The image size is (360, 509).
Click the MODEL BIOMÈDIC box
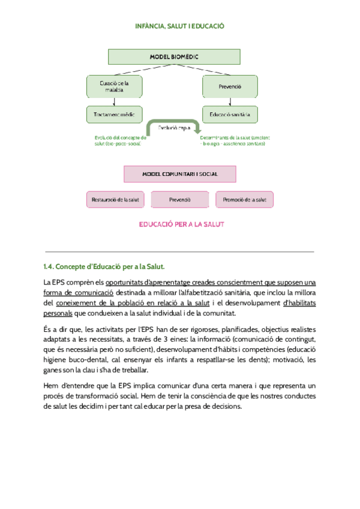pyautogui.click(x=174, y=57)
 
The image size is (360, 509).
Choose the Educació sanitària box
pyautogui.click(x=230, y=113)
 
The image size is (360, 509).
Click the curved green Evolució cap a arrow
pyautogui.click(x=174, y=126)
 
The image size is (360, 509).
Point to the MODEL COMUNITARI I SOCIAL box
pyautogui.click(x=179, y=174)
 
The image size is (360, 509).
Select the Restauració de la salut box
pyautogui.click(x=116, y=199)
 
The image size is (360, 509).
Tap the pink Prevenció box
pyautogui.click(x=179, y=199)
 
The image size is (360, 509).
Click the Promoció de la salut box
pyautogui.click(x=244, y=199)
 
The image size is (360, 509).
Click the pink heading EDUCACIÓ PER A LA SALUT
pyautogui.click(x=181, y=224)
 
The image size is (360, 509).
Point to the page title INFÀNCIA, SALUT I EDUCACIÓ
pyautogui.click(x=179, y=26)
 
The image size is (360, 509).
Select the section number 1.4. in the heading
pyautogui.click(x=49, y=267)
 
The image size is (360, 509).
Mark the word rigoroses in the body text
pyautogui.click(x=203, y=329)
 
